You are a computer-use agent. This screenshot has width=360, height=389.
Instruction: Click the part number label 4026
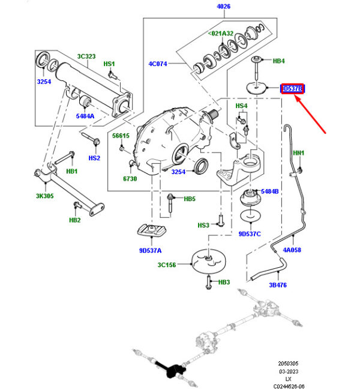[223, 7]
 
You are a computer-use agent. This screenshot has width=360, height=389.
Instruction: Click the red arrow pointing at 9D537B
[311, 115]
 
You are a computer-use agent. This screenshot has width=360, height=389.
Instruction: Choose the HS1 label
[109, 64]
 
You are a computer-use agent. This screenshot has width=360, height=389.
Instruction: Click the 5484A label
[85, 116]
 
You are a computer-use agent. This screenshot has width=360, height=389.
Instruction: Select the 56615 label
[121, 136]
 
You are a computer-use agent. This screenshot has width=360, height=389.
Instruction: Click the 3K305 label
[44, 196]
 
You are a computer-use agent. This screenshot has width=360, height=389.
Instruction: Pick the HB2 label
[75, 220]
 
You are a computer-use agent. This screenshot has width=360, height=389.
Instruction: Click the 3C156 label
[167, 264]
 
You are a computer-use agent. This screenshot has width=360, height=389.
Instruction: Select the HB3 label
[224, 282]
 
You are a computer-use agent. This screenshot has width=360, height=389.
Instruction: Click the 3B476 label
[277, 285]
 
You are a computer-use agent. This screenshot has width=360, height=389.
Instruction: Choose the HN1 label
[298, 153]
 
